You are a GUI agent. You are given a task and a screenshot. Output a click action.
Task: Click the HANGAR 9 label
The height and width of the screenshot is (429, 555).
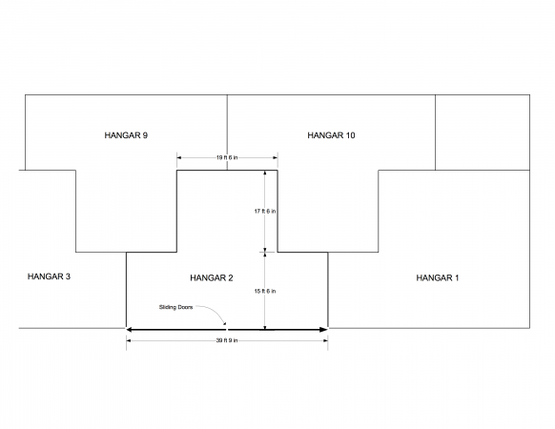click(x=126, y=135)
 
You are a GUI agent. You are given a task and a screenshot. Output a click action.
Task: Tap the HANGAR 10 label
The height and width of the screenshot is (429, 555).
click(x=331, y=135)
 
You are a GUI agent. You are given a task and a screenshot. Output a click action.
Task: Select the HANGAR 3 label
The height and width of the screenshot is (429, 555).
click(x=49, y=276)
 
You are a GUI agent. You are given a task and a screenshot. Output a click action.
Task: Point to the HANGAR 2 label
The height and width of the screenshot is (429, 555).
click(x=212, y=277)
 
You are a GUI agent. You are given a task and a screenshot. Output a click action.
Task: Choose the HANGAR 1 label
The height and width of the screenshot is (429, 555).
click(x=438, y=277)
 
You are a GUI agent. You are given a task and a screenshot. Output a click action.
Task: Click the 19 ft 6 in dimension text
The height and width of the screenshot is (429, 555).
click(x=227, y=157)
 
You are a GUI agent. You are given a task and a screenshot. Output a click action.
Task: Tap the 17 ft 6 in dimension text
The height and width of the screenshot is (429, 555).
click(x=265, y=212)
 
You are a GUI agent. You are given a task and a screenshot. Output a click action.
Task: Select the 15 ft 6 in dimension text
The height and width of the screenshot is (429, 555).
click(x=265, y=292)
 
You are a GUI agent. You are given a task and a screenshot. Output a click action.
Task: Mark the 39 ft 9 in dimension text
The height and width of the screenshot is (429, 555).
click(x=227, y=340)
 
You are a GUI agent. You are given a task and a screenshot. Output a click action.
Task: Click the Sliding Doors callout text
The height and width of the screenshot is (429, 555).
click(x=175, y=307)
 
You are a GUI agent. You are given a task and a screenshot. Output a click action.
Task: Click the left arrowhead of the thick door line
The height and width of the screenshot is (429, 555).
click(x=130, y=330)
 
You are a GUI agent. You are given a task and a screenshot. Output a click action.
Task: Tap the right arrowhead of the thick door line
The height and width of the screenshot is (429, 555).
click(x=324, y=330)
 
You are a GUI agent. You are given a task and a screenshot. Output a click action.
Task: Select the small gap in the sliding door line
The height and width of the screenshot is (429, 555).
click(x=227, y=330)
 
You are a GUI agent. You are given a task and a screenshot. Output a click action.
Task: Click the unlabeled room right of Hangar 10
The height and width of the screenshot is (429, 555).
click(x=483, y=133)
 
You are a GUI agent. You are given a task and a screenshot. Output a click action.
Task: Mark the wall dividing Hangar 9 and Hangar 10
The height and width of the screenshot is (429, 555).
click(x=227, y=133)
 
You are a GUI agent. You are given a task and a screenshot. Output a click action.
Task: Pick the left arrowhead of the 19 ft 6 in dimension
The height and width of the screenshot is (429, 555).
click(x=179, y=157)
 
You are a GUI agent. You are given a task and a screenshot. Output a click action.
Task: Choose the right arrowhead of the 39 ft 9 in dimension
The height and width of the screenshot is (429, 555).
click(x=325, y=341)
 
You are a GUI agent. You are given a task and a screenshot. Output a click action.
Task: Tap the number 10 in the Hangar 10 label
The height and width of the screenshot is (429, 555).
click(x=350, y=135)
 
